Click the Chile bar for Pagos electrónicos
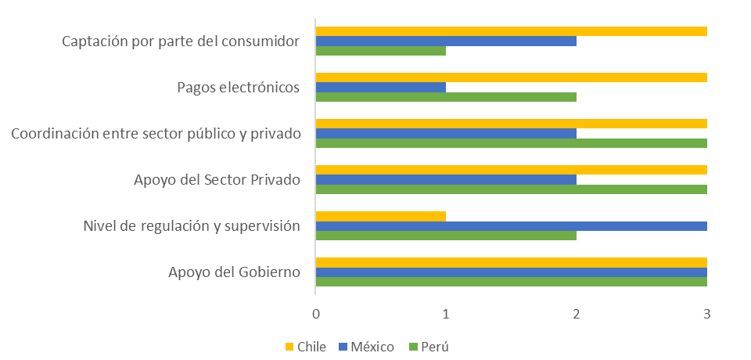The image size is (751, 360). [x=511, y=77]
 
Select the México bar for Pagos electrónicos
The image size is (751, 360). [x=380, y=87]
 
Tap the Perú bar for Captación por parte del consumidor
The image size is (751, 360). [x=380, y=51]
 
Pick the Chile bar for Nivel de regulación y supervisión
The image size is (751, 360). [x=380, y=216]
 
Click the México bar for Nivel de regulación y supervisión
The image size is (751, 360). [x=511, y=226]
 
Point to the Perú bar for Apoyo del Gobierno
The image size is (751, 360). [x=511, y=282]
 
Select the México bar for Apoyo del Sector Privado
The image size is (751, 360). [x=446, y=179]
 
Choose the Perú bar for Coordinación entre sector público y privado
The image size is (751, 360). [x=511, y=143]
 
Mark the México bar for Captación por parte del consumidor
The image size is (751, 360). [x=446, y=41]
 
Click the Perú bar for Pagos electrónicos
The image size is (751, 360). [x=446, y=97]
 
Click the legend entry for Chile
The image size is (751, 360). [x=304, y=346]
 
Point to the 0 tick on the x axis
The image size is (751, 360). [x=315, y=314]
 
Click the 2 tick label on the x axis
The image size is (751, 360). [x=577, y=314]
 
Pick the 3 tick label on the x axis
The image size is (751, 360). [x=707, y=314]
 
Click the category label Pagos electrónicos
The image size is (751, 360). [x=239, y=87]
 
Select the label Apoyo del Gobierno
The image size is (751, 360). [x=234, y=272]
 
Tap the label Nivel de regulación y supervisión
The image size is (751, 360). [x=192, y=226]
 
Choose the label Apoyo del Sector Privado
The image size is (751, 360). [x=217, y=180]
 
